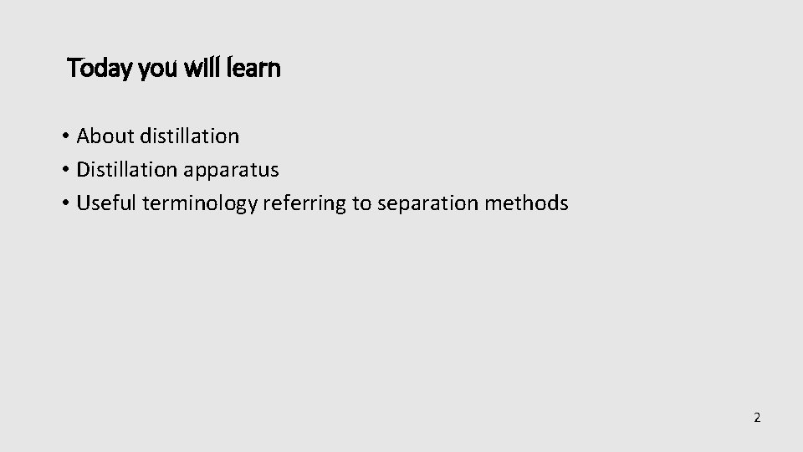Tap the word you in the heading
click(x=151, y=69)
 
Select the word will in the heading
click(x=198, y=68)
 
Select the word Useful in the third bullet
click(x=106, y=203)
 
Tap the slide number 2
click(x=757, y=418)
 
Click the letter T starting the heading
click(x=73, y=68)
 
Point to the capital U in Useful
click(x=82, y=203)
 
